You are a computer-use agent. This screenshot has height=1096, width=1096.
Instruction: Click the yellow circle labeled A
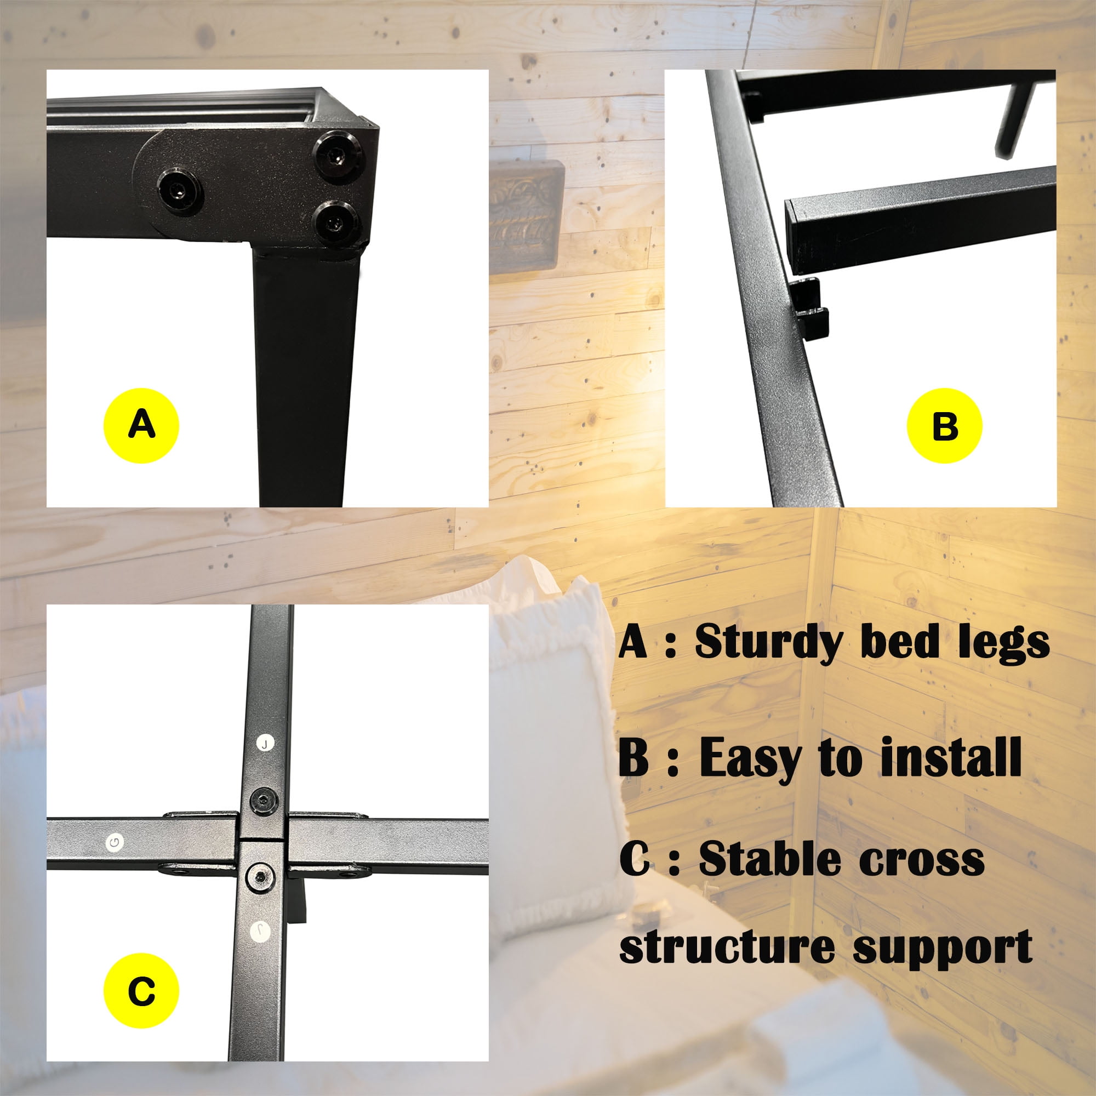pos(141,425)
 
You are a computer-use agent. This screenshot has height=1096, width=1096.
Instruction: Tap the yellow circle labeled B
pos(945,425)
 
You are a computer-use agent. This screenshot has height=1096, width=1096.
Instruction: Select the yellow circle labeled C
pos(141,991)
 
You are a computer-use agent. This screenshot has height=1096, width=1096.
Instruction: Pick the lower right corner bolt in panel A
pos(336,223)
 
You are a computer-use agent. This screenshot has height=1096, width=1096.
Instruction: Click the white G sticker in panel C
pos(115,842)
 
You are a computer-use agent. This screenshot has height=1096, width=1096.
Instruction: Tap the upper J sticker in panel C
pos(265,743)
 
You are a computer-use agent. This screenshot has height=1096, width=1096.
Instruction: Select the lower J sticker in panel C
pos(259,929)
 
